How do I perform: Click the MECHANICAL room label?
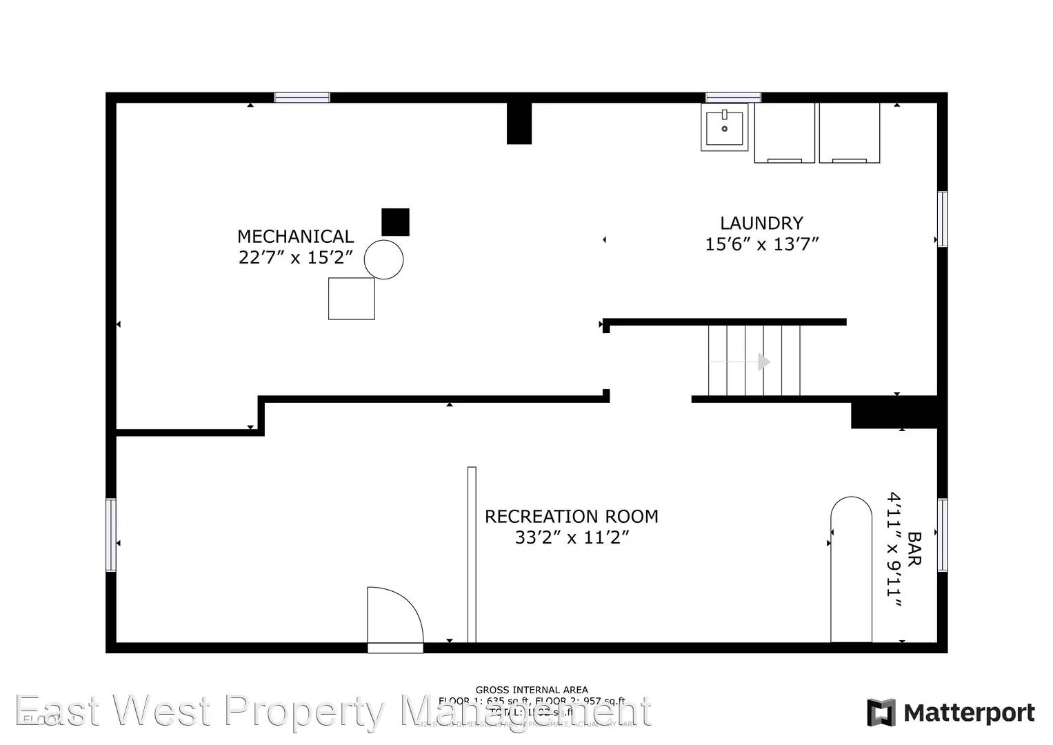(295, 237)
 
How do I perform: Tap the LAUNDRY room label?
(761, 223)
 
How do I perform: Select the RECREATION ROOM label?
(571, 517)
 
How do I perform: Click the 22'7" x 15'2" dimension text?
(296, 258)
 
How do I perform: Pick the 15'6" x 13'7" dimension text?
(761, 244)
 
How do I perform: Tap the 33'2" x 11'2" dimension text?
(572, 537)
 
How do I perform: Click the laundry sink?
(724, 127)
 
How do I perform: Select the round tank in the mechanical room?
(383, 259)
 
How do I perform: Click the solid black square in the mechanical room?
(395, 222)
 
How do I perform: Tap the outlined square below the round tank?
(351, 299)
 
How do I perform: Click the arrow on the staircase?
(763, 361)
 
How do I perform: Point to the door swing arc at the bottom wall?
(394, 615)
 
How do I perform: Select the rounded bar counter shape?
(851, 570)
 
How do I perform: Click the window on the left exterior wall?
(110, 535)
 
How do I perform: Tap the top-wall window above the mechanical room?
(302, 97)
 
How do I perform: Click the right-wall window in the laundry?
(942, 219)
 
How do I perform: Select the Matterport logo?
(951, 713)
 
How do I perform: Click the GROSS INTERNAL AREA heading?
(532, 690)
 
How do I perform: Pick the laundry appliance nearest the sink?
(784, 133)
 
